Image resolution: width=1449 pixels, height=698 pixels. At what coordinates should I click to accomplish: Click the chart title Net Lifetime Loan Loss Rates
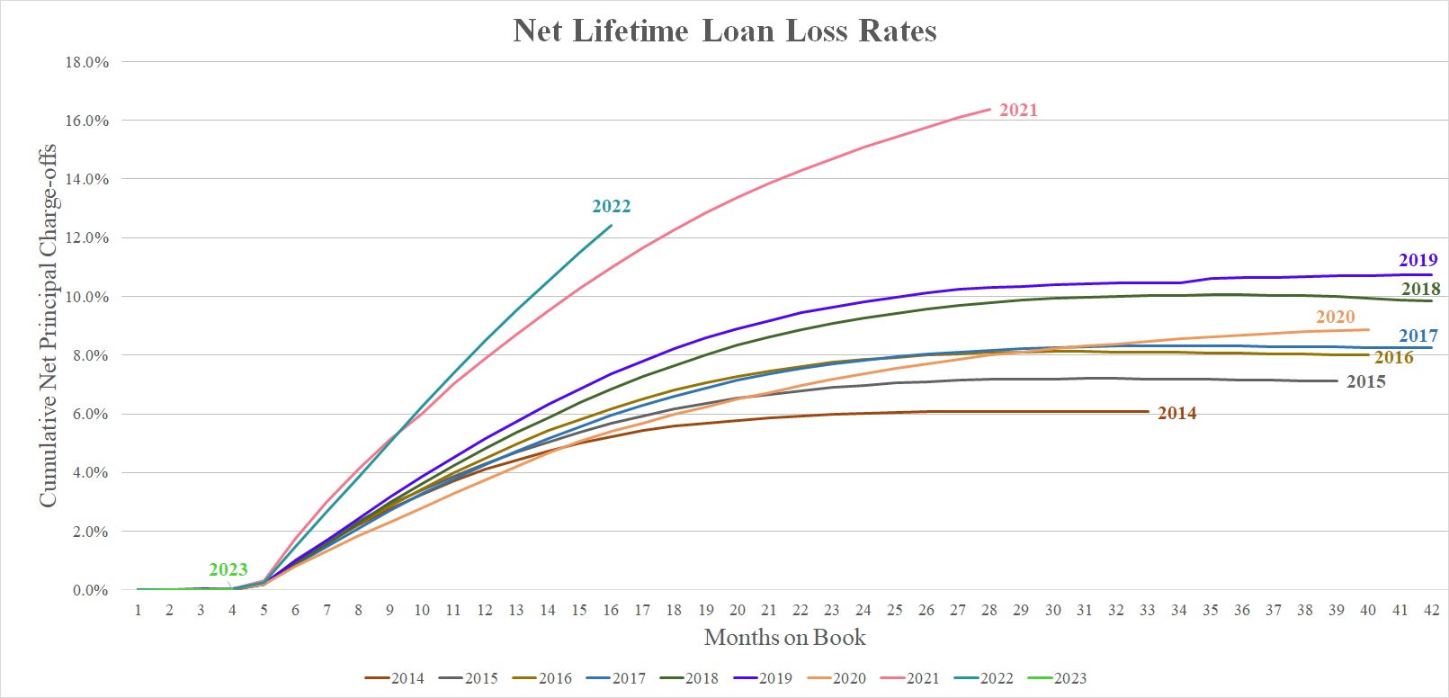click(x=725, y=31)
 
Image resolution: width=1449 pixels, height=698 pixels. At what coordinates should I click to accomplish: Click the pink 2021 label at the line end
click(x=1018, y=110)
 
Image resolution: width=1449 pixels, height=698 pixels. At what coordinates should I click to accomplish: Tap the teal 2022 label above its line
click(x=611, y=206)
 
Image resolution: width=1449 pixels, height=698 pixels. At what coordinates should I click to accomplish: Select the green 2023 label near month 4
click(x=228, y=569)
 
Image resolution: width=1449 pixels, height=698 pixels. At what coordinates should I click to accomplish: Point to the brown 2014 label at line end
click(x=1176, y=413)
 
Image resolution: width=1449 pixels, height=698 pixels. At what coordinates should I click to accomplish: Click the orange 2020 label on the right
click(x=1335, y=317)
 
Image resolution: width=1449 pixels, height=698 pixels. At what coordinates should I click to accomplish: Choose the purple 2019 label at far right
click(x=1418, y=260)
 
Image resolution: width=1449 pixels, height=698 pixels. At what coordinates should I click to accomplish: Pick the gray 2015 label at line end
click(x=1365, y=381)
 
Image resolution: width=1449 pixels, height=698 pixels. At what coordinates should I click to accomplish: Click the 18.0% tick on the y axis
click(x=87, y=62)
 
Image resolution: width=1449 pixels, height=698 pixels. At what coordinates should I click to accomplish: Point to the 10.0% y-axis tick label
click(x=87, y=297)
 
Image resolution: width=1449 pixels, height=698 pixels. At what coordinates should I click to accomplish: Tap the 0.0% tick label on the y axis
click(x=90, y=590)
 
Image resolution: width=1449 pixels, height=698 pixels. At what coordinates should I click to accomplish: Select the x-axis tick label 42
click(x=1431, y=610)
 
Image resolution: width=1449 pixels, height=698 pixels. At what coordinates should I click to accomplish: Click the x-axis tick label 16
click(x=611, y=610)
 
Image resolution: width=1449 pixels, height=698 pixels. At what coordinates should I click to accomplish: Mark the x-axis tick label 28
click(x=989, y=610)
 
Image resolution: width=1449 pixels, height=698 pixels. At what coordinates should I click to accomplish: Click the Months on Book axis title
click(x=784, y=638)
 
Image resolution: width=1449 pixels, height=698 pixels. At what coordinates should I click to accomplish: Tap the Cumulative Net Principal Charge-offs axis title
click(x=47, y=326)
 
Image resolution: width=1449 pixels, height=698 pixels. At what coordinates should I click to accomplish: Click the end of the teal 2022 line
click(x=612, y=225)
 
